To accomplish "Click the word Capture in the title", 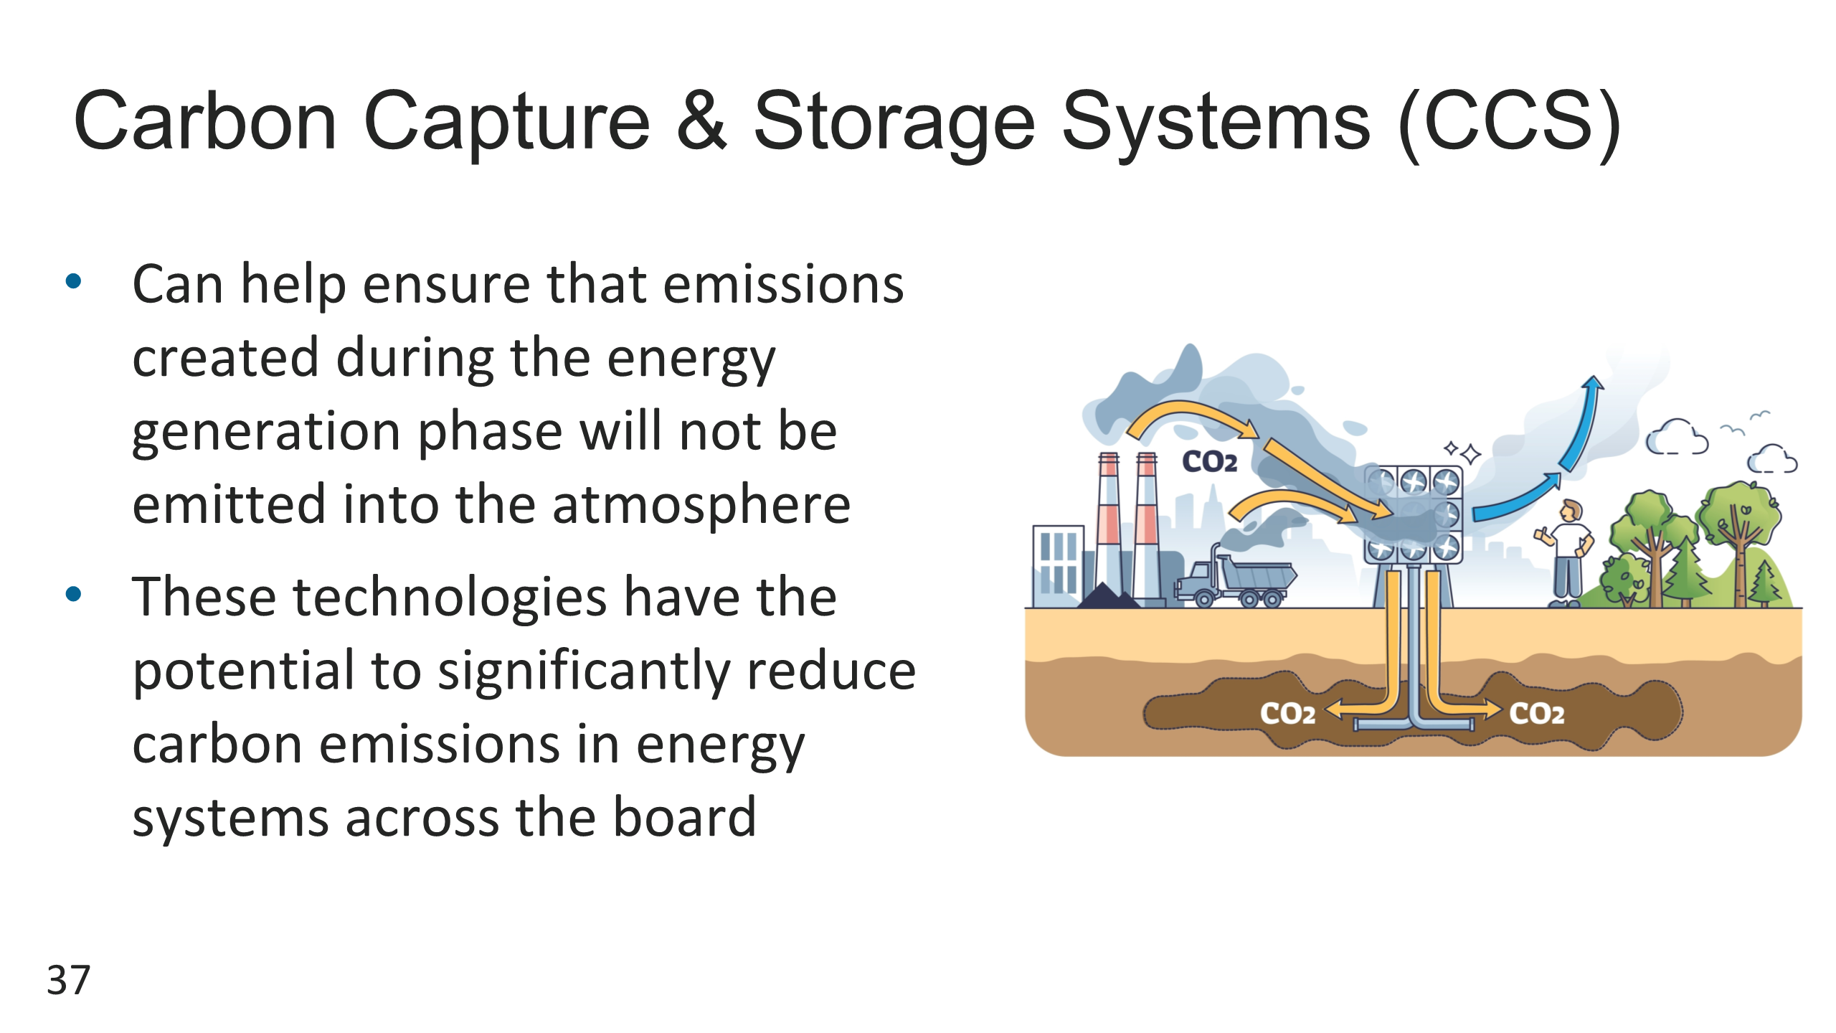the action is pyautogui.click(x=506, y=122).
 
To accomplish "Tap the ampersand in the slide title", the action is pyautogui.click(x=701, y=120).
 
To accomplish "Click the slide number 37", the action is pyautogui.click(x=69, y=980).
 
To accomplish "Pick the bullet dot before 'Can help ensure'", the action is pyautogui.click(x=73, y=280).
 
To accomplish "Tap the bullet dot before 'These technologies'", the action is pyautogui.click(x=73, y=593).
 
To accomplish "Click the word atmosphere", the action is pyautogui.click(x=701, y=504).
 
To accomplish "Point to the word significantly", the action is pyautogui.click(x=584, y=672).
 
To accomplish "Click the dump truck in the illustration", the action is pyautogui.click(x=1235, y=579).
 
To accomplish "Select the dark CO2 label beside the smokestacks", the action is pyautogui.click(x=1209, y=461).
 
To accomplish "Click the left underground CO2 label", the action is pyautogui.click(x=1288, y=713).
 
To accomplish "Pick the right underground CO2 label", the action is pyautogui.click(x=1537, y=713).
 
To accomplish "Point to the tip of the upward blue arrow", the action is pyautogui.click(x=1593, y=377).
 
